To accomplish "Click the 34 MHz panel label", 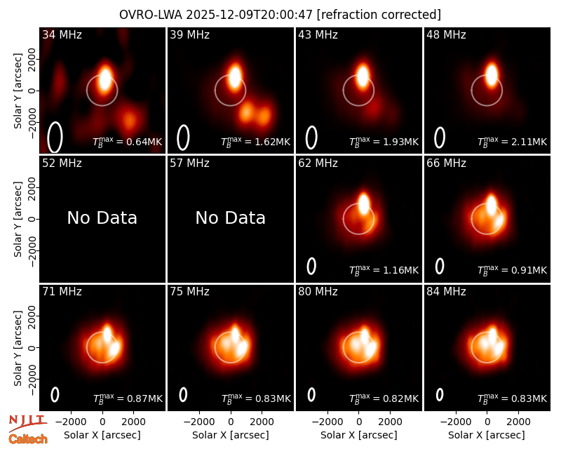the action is pyautogui.click(x=62, y=34).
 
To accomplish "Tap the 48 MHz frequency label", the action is pyautogui.click(x=446, y=34).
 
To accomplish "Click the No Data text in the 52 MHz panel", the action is pyautogui.click(x=102, y=217).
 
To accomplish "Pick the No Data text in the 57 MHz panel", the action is pyautogui.click(x=231, y=217).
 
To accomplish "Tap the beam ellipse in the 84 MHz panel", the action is pyautogui.click(x=440, y=394).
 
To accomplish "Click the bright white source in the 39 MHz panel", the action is pyautogui.click(x=235, y=76).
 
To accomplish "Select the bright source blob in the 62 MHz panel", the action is pyautogui.click(x=363, y=203).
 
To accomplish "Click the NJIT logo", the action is pyautogui.click(x=27, y=423).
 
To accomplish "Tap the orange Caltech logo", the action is pyautogui.click(x=28, y=439).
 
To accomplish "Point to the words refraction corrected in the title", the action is pyautogui.click(x=379, y=15).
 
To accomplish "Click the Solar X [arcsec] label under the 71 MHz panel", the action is pyautogui.click(x=102, y=435).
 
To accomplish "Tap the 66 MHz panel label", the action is pyautogui.click(x=446, y=163).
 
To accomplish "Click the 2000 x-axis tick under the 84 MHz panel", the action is pyautogui.click(x=518, y=422).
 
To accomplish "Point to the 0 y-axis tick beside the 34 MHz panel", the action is pyautogui.click(x=32, y=90).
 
